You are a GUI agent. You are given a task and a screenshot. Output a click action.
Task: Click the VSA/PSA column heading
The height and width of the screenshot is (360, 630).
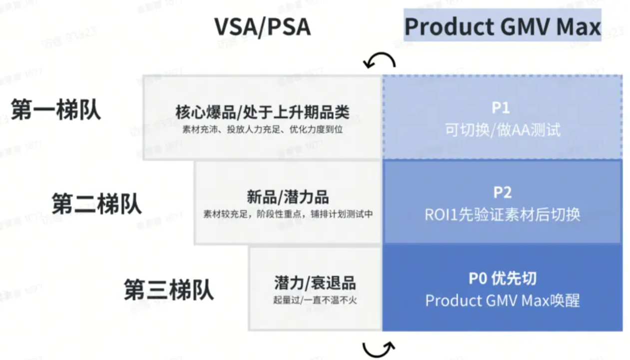pyautogui.click(x=262, y=27)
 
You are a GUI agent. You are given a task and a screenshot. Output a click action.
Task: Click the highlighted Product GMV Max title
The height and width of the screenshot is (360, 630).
pyautogui.click(x=502, y=27)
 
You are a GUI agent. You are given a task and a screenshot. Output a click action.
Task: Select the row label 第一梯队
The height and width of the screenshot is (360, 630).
pyautogui.click(x=55, y=109)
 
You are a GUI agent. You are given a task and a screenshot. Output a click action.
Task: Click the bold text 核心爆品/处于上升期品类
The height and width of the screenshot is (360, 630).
pyautogui.click(x=262, y=111)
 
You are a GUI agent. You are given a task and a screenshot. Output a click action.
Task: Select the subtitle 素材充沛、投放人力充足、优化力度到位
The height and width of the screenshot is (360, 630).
pyautogui.click(x=262, y=129)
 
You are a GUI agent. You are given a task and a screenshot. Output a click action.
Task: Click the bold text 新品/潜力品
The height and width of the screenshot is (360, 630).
pyautogui.click(x=288, y=196)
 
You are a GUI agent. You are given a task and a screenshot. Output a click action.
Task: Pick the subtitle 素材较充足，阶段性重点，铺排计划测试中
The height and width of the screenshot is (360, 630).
pyautogui.click(x=288, y=214)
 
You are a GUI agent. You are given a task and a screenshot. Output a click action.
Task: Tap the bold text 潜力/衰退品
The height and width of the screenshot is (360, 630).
pyautogui.click(x=315, y=283)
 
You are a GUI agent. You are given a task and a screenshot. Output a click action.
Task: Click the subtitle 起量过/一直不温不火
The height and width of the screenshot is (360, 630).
pyautogui.click(x=315, y=300)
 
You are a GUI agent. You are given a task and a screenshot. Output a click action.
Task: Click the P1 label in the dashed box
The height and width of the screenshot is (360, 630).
pyautogui.click(x=502, y=108)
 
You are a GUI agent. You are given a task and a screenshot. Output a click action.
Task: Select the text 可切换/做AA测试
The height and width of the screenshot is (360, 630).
pyautogui.click(x=503, y=130)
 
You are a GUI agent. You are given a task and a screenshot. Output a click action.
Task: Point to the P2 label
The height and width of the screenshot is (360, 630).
pyautogui.click(x=502, y=192)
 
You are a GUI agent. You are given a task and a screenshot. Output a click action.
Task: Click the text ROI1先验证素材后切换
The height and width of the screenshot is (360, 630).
pyautogui.click(x=502, y=214)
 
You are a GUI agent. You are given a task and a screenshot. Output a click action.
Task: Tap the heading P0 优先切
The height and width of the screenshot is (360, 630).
pyautogui.click(x=502, y=278)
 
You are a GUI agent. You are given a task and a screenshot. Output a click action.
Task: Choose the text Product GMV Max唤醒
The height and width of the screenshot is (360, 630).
pyautogui.click(x=502, y=300)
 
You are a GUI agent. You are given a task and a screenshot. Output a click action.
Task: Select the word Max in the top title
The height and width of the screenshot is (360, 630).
pyautogui.click(x=580, y=27)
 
